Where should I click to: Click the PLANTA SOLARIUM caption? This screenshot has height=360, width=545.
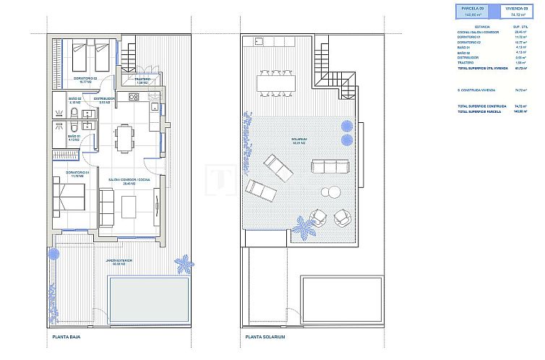(266, 337)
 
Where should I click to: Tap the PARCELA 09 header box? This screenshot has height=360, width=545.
(471, 9)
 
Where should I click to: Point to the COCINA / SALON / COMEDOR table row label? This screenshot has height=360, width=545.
(474, 32)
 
